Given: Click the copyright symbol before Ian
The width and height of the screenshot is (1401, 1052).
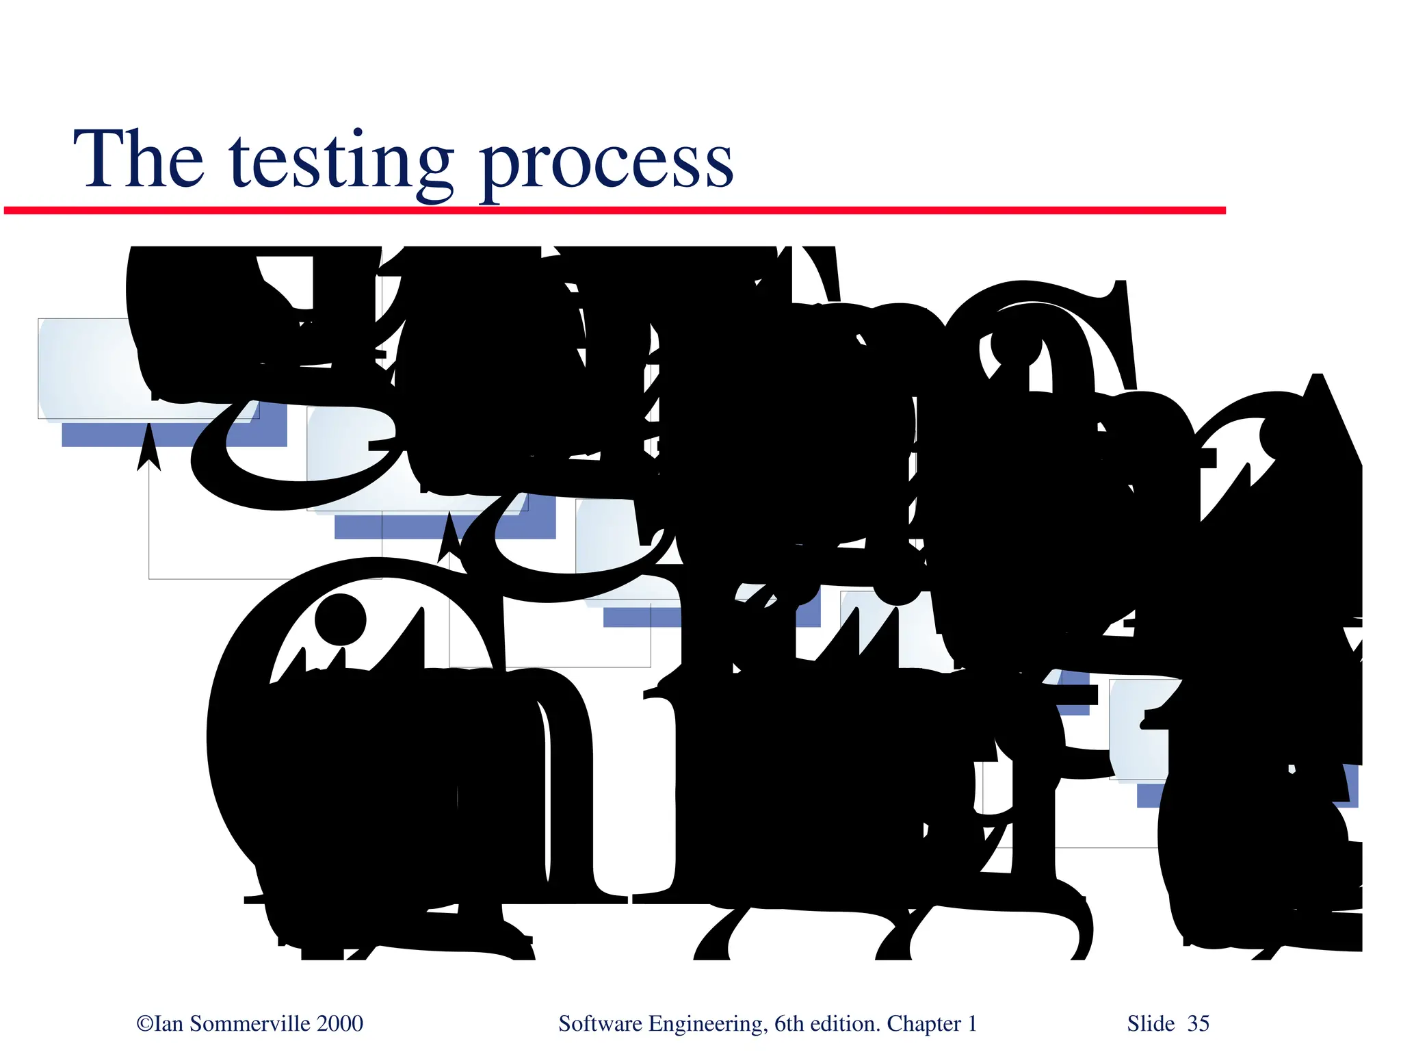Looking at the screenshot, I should tap(144, 1024).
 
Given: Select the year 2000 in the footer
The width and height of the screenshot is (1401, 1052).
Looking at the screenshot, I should tap(340, 1024).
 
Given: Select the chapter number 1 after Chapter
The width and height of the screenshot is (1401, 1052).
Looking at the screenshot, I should tap(971, 1024).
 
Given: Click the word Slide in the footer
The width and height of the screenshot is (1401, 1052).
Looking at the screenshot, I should tap(1151, 1024).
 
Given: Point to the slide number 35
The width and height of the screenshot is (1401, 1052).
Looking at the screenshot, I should tap(1198, 1024).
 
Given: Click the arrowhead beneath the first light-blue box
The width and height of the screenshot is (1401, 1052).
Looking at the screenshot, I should tap(148, 448).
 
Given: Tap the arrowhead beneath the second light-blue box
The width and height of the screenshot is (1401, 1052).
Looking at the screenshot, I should tap(449, 537).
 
